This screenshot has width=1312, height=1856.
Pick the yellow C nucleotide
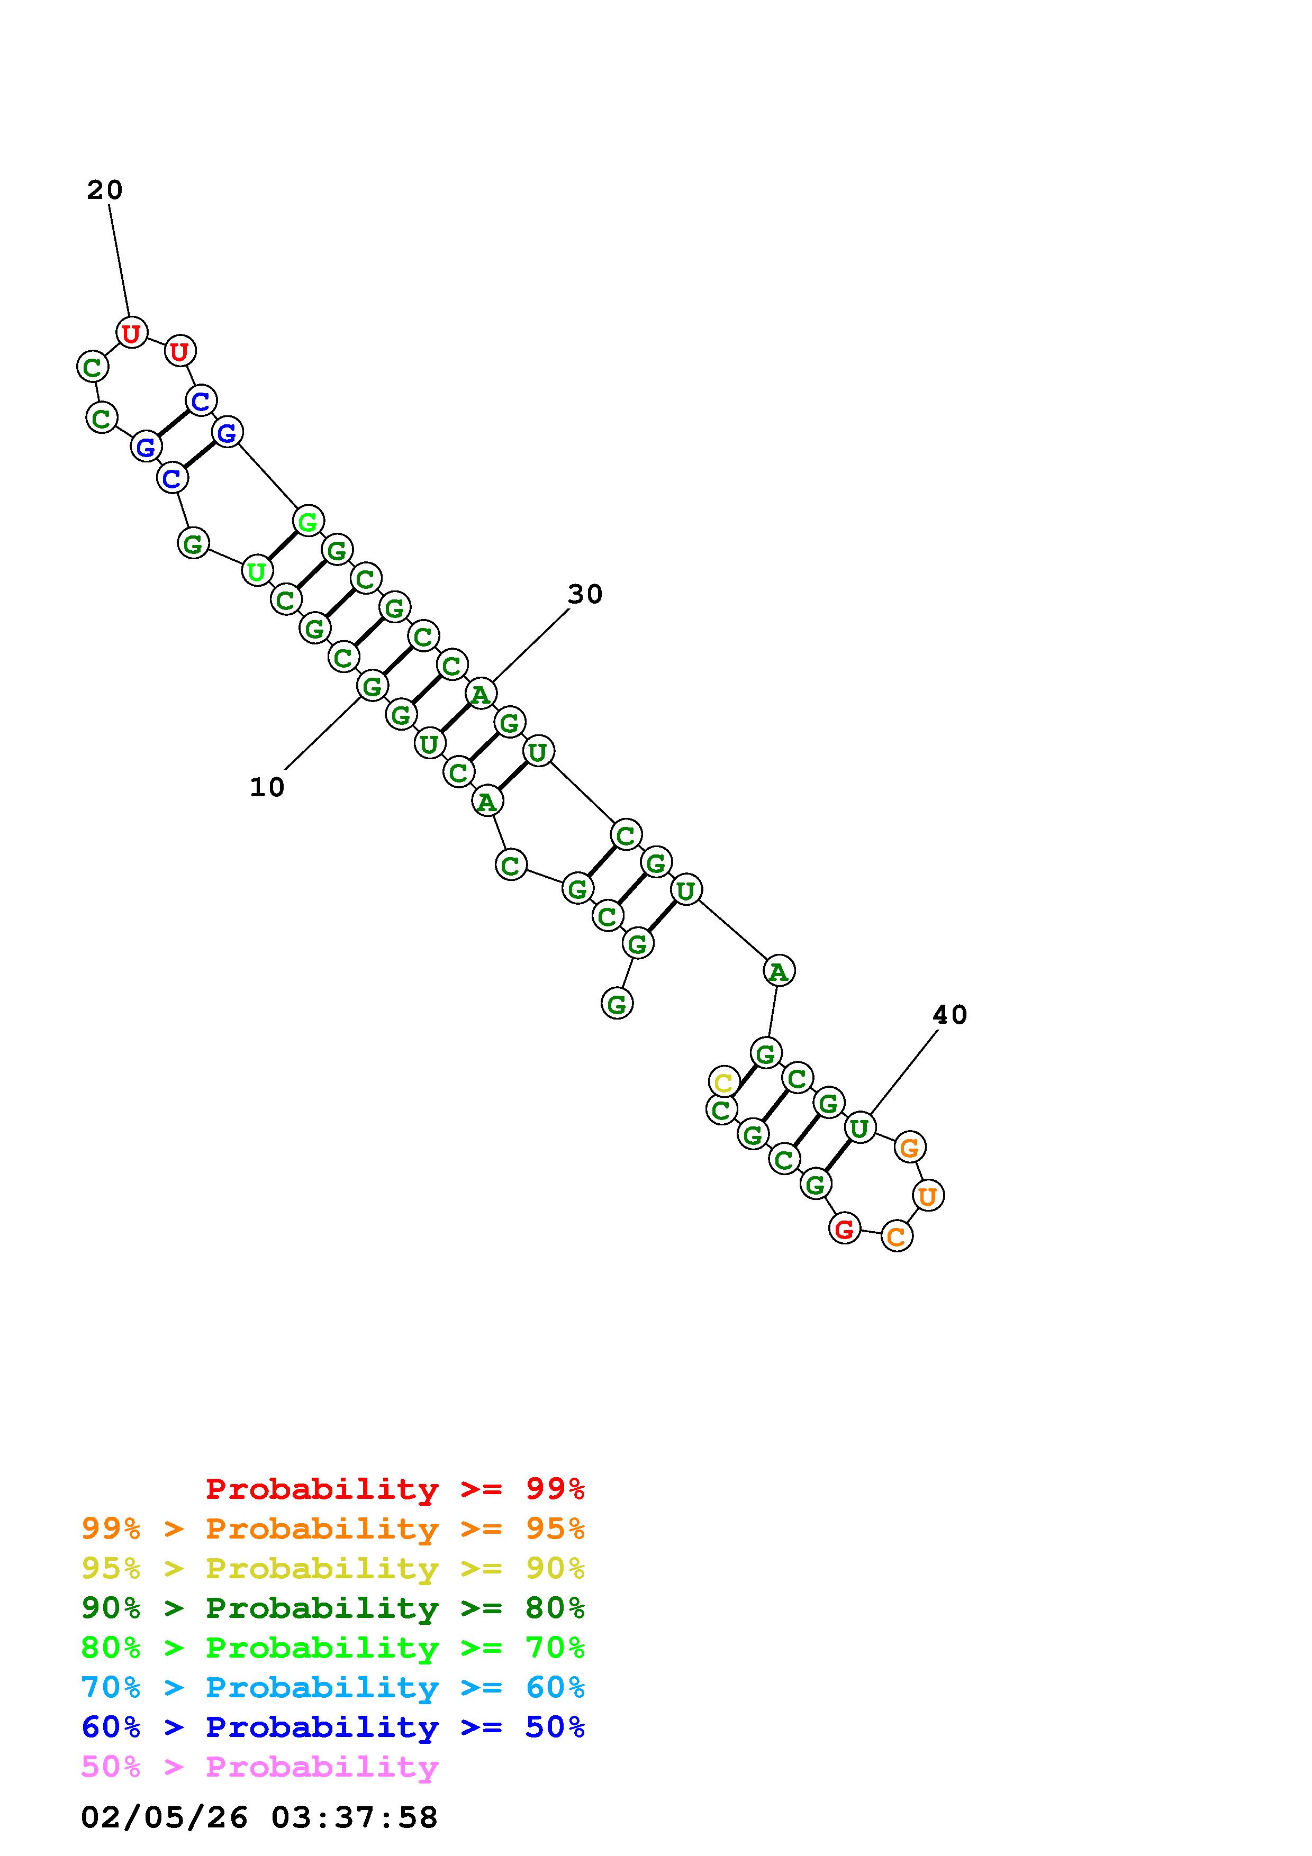(x=723, y=1081)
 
